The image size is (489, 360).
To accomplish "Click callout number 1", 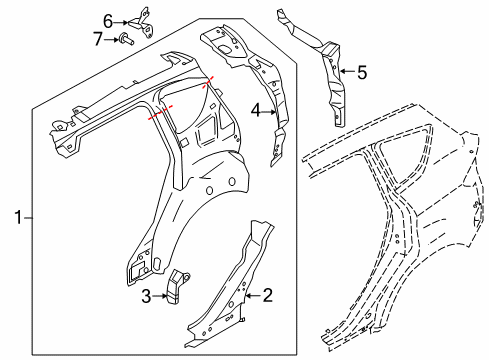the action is pos(18,217).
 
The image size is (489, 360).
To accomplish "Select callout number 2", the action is pos(268,295).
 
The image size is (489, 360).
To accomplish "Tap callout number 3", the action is pos(146,296).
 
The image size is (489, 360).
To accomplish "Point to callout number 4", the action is pos(255,110).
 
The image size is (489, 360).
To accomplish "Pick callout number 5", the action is pos(362,72).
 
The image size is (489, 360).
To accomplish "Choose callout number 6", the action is pos(108,22).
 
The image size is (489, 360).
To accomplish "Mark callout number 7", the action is pos(98,39).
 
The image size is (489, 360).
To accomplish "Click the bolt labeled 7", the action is pos(126,38).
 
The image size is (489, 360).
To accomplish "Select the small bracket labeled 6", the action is pos(142,23).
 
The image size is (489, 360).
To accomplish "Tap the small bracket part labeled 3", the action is pos(176,287).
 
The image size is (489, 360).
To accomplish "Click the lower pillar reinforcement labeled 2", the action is pos(230,283).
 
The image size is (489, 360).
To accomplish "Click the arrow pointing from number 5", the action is pos(348,71).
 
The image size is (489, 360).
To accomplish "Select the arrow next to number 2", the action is pos(253,295).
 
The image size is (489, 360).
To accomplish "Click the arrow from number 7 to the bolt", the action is pos(111,39).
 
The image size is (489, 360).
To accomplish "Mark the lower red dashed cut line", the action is pos(161,112).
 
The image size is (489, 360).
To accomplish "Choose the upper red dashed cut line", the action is pos(208,82).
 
